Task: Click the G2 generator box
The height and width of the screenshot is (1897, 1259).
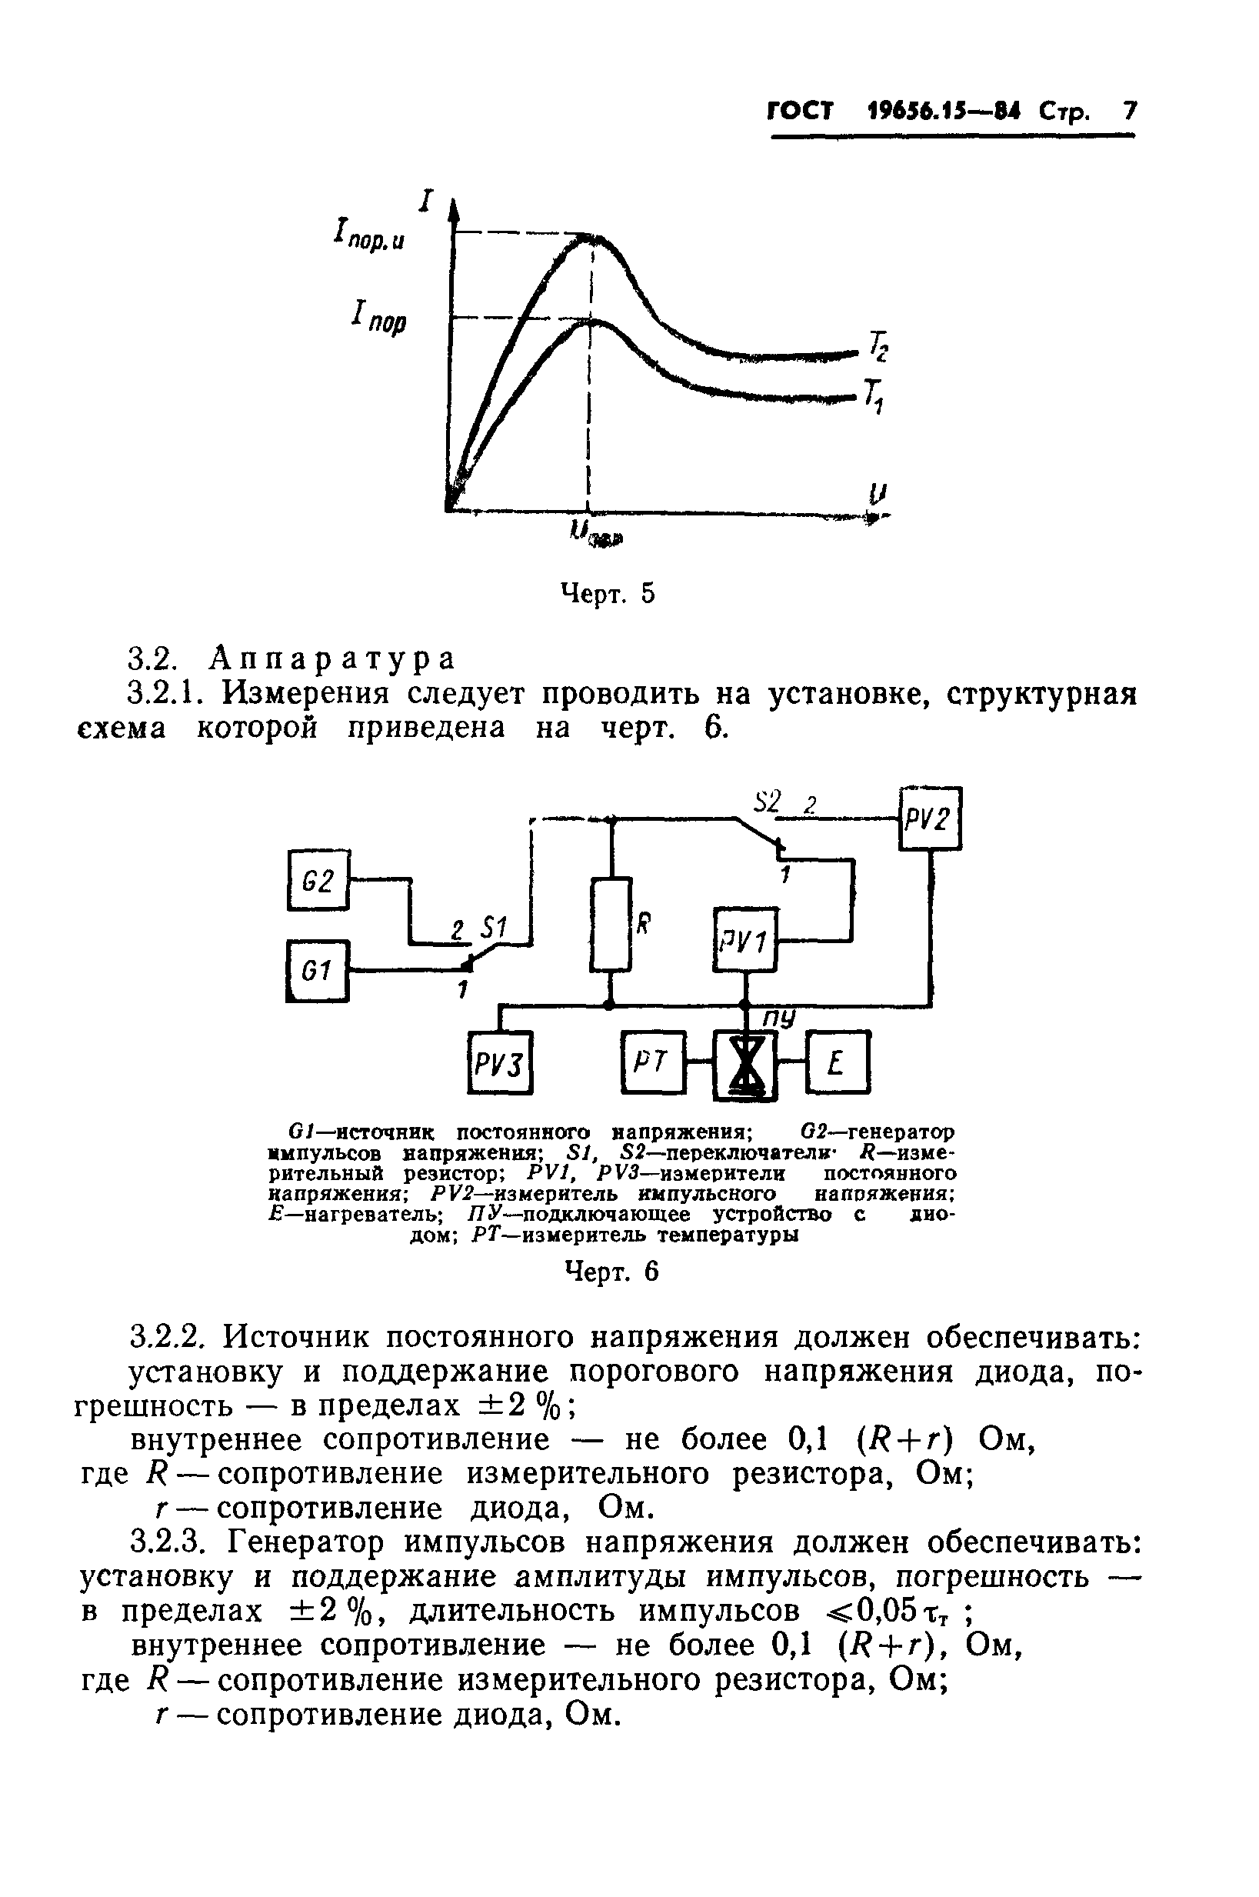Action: coord(318,880)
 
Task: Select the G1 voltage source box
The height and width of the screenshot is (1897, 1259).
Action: coord(318,971)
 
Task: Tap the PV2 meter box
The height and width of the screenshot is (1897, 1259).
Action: coord(929,818)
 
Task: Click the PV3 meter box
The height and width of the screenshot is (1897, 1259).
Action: coord(500,1062)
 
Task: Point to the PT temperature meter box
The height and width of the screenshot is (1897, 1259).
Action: coord(653,1062)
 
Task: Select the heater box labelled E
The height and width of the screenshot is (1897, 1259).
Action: coord(838,1062)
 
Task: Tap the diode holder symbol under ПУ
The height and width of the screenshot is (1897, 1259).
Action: coord(746,1065)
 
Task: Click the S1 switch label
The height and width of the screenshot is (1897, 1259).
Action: coord(491,929)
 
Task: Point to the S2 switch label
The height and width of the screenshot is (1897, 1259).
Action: coord(768,802)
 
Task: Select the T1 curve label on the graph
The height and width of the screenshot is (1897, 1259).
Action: coord(874,396)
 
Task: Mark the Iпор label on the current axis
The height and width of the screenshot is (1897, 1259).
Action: coord(379,317)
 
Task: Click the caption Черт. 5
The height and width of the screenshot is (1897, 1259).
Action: coord(607,594)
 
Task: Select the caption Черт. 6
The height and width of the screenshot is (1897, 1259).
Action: coord(612,1272)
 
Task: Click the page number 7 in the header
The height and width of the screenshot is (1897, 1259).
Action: coord(1130,110)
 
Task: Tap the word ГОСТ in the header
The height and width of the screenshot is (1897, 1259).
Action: coord(800,111)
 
